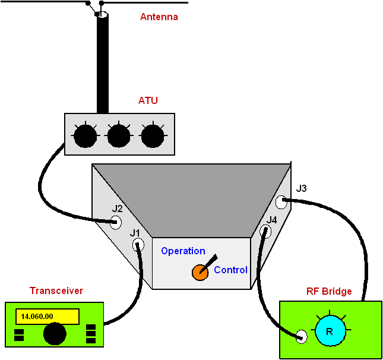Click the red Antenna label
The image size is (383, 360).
click(159, 17)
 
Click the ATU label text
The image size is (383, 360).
click(148, 100)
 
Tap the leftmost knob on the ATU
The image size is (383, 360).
click(85, 137)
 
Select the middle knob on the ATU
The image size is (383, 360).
click(119, 137)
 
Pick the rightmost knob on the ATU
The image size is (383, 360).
click(153, 137)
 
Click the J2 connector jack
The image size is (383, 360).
click(116, 222)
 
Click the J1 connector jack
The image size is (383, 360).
click(138, 244)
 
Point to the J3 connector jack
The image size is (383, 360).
click(281, 203)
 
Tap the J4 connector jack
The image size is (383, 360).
click(265, 232)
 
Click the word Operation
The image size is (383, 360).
click(183, 251)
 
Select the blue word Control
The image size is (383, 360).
click(230, 270)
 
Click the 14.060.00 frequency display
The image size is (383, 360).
click(47, 317)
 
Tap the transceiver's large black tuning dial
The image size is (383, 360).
click(55, 334)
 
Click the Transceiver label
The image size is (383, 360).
click(56, 291)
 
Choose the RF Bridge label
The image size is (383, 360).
click(329, 292)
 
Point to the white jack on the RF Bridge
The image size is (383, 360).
click(302, 337)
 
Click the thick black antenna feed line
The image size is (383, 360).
click(103, 65)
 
